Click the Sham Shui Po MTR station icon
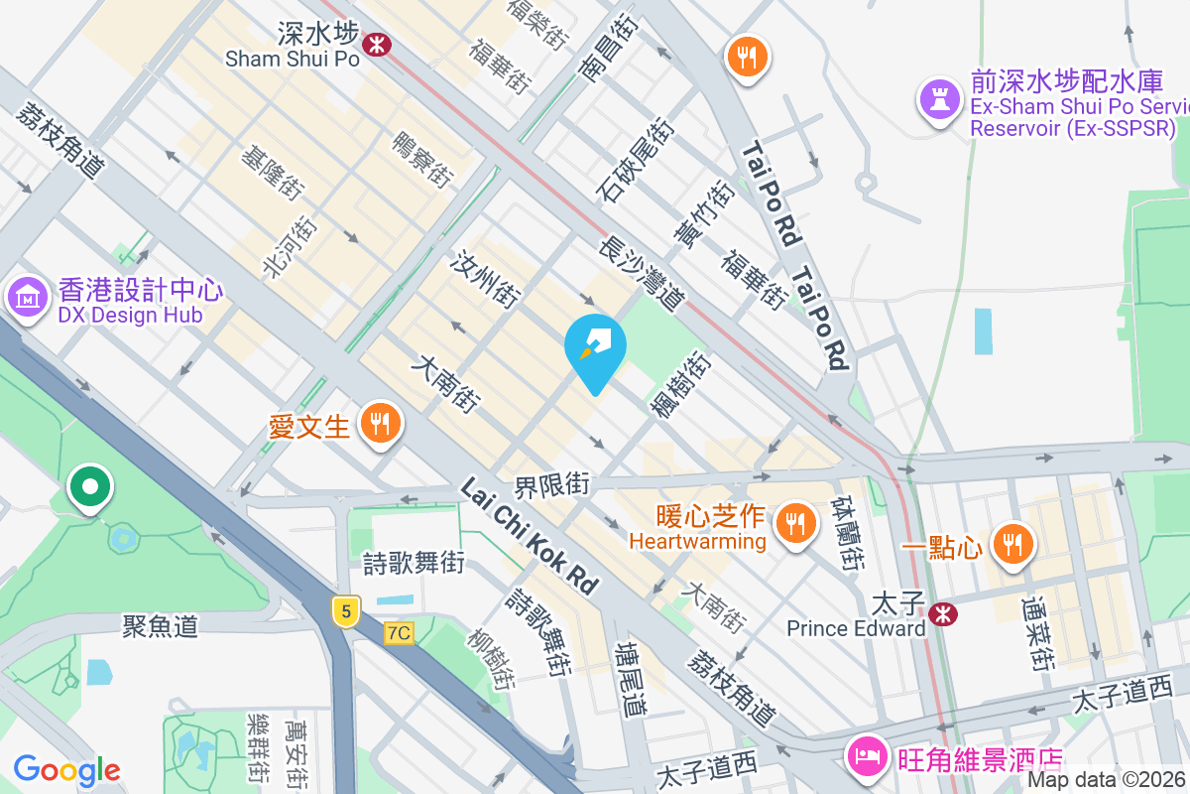click(376, 43)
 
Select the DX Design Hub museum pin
click(28, 298)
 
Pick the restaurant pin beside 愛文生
click(379, 425)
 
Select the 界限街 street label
click(551, 485)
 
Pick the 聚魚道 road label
click(161, 626)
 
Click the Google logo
click(67, 769)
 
